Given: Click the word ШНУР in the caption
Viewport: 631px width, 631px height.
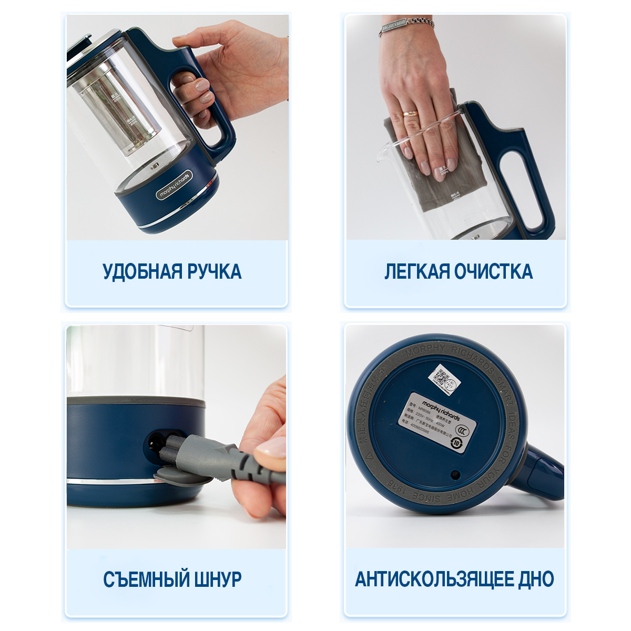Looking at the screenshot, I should point(218,579).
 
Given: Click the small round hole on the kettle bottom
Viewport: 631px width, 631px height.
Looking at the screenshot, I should point(455,474).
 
